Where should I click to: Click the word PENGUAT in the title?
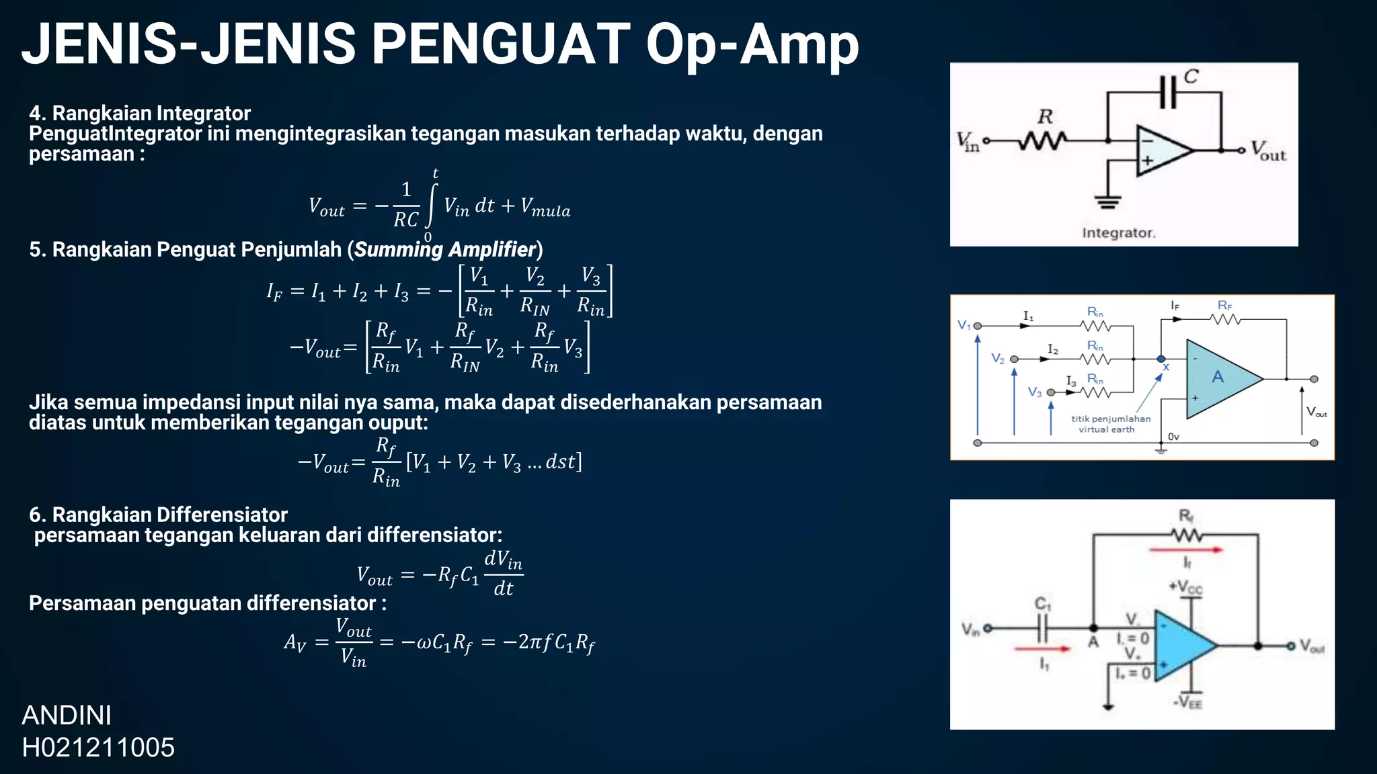click(x=500, y=44)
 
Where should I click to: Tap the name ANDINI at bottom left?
click(x=67, y=716)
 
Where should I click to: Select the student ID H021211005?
click(x=98, y=747)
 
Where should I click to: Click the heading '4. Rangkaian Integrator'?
click(x=140, y=113)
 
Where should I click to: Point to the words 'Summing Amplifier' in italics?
click(x=445, y=249)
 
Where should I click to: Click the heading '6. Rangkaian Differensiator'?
click(x=158, y=515)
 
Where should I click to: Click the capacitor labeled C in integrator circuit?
click(x=1169, y=92)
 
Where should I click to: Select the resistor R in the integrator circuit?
click(x=1043, y=140)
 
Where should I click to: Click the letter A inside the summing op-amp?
click(x=1218, y=378)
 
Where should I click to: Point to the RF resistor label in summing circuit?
click(x=1225, y=306)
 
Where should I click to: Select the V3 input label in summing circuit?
click(x=1035, y=392)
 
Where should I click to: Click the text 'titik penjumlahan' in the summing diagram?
click(x=1111, y=419)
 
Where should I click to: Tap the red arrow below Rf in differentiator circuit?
click(x=1185, y=550)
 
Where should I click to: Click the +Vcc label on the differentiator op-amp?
click(x=1185, y=587)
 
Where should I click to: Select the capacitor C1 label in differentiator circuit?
click(x=1043, y=603)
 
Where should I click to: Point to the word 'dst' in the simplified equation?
click(x=559, y=462)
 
